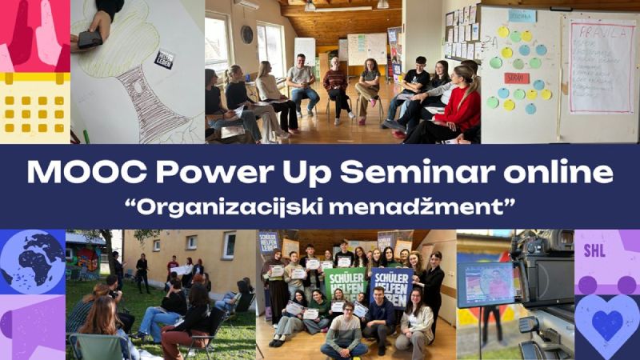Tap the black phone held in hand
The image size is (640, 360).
(x=90, y=39)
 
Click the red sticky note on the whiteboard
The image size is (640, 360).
(x=516, y=78)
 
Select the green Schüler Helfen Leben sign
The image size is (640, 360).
(x=344, y=281)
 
